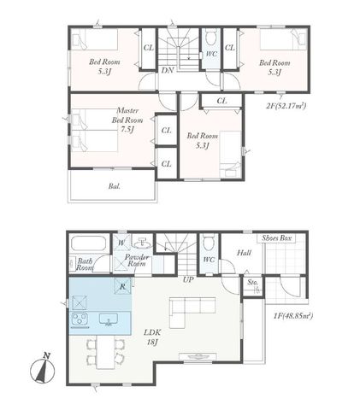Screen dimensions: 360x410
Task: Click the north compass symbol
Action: point(43,369)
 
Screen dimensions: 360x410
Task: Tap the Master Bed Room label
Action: point(127,120)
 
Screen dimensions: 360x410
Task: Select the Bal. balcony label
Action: point(114,186)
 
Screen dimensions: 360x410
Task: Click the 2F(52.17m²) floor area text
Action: point(286,106)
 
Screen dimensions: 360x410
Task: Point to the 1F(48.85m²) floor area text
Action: point(293,316)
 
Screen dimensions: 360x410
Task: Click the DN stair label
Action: point(168,70)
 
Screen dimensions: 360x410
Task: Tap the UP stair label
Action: point(188,280)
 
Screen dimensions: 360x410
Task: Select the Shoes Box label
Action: point(277,238)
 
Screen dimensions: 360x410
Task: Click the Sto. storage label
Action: point(253,283)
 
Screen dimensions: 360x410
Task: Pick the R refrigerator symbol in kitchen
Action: point(122,286)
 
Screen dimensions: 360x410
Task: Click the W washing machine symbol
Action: point(121,243)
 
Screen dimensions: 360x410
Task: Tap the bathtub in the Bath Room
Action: point(88,243)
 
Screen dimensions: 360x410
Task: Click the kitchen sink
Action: point(109,319)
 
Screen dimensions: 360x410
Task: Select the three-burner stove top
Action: point(80,319)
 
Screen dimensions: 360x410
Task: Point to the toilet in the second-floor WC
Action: point(211,38)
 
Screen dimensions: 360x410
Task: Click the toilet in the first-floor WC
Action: point(209,242)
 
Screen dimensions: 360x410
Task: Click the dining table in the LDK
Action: point(105,352)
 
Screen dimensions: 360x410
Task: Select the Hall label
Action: point(245,253)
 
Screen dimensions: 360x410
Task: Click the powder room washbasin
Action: point(142,243)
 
